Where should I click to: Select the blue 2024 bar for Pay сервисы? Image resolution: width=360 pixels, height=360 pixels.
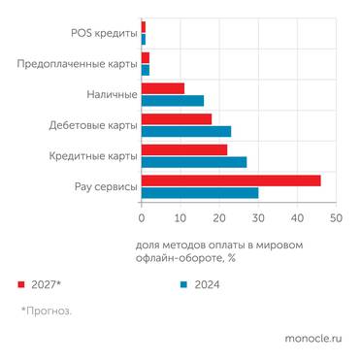click(200, 192)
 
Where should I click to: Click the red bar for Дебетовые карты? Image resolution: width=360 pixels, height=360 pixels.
click(177, 119)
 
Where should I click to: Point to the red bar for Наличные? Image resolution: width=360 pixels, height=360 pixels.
click(163, 88)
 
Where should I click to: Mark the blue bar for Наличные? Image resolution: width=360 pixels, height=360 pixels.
click(173, 99)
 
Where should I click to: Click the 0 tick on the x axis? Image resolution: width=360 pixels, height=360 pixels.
click(142, 218)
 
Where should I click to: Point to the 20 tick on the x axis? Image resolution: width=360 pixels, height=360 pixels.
click(219, 218)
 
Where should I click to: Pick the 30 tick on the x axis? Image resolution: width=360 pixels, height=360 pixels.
click(258, 218)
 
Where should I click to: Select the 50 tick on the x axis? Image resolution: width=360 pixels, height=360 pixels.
click(336, 218)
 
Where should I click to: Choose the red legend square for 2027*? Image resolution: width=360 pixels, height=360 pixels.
click(20, 285)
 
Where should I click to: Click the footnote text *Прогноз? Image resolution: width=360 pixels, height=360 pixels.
click(47, 311)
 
